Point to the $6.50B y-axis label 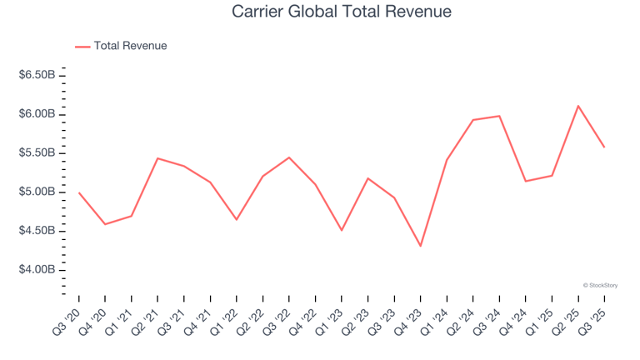pos(37,75)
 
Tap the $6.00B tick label pos(37,114)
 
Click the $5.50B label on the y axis pos(37,153)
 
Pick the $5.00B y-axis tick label pos(37,192)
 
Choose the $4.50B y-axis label pos(37,231)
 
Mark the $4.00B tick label pos(37,270)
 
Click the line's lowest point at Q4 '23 pos(421,246)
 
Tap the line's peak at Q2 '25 pos(578,106)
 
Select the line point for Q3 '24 pos(499,116)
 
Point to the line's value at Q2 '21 pos(157,158)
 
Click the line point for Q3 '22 pos(289,157)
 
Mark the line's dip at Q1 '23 pos(342,230)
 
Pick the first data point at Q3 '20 pos(79,192)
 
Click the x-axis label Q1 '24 pos(438,317)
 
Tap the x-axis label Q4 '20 pos(97,317)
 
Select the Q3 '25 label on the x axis pos(596,317)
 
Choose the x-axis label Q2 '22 pos(254,317)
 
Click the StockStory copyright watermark pos(600,285)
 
